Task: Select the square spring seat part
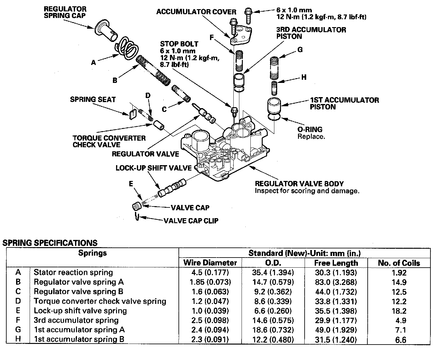(x=132, y=114)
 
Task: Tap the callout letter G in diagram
(x=300, y=50)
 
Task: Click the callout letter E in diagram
(x=131, y=184)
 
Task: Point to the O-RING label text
(x=310, y=129)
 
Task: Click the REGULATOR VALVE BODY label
(x=299, y=184)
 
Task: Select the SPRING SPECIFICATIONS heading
(x=50, y=243)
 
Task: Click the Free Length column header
(x=336, y=263)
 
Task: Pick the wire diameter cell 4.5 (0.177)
(x=210, y=272)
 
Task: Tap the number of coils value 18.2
(x=399, y=311)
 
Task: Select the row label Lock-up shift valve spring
(x=80, y=311)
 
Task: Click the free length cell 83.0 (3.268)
(x=336, y=282)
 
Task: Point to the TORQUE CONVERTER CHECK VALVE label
(x=109, y=141)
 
